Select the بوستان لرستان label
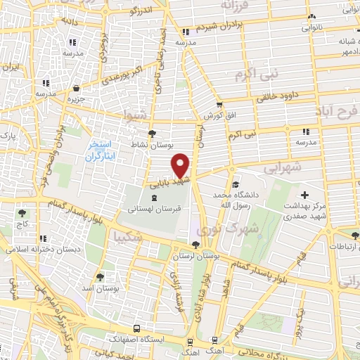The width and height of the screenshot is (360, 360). click(x=195, y=256)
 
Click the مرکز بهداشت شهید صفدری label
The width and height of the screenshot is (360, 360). click(x=304, y=211)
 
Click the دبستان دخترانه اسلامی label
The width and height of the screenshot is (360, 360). click(x=44, y=250)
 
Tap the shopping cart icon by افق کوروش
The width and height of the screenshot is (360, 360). click(x=219, y=105)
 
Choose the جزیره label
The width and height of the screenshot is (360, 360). click(x=76, y=98)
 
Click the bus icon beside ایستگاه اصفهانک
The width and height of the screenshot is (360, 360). click(x=136, y=328)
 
